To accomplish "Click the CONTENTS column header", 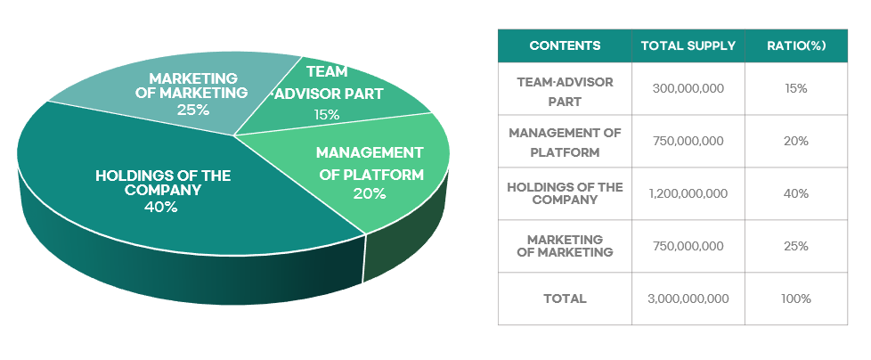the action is [565, 45].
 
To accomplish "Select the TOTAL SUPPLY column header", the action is [688, 45].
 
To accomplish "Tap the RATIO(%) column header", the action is [796, 45].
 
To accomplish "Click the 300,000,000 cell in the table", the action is [688, 88].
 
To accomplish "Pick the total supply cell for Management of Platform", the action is [688, 141].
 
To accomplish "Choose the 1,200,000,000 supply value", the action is [688, 193].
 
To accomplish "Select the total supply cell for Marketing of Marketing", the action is [688, 246].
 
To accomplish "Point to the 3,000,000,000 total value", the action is [688, 299].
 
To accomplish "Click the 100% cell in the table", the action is [796, 299].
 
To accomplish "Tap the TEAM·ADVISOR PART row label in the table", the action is [565, 92].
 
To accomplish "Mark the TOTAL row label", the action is [565, 299].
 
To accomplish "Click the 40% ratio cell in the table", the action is [796, 193].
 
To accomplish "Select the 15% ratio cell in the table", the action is [796, 88].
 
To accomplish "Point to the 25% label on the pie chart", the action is [193, 109].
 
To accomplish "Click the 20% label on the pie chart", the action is [370, 193].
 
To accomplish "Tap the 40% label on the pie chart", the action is [161, 208].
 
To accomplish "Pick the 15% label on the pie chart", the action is [327, 114].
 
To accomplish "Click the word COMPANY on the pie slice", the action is [163, 190].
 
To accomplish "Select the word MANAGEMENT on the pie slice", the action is [370, 152].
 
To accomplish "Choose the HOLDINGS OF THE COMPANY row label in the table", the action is [565, 193].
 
